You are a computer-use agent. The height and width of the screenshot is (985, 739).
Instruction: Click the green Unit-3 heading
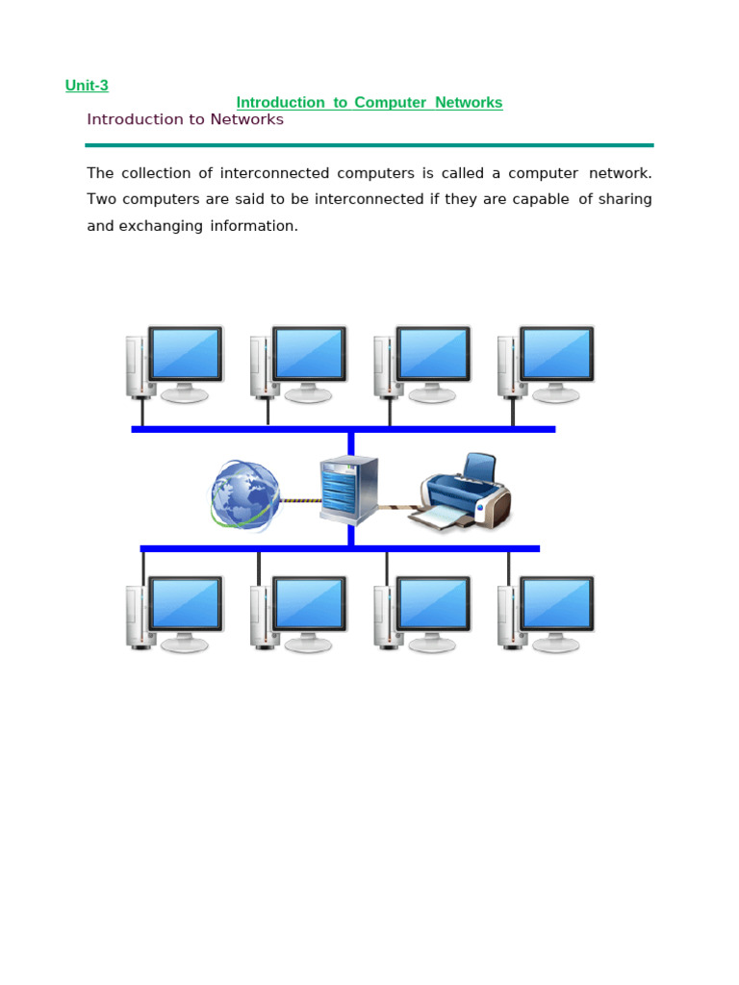(87, 86)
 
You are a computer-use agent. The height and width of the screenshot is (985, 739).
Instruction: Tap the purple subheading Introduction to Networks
(186, 119)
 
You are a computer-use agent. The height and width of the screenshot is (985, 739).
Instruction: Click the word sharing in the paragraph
(625, 199)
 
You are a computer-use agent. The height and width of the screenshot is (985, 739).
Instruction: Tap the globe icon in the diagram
(245, 495)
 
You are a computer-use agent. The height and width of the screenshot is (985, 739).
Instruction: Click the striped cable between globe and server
(300, 500)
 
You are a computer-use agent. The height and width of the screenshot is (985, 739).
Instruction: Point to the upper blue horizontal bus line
(344, 430)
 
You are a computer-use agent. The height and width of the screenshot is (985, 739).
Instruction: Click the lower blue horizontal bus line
(340, 549)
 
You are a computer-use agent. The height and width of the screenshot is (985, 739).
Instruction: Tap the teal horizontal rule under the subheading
(369, 145)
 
